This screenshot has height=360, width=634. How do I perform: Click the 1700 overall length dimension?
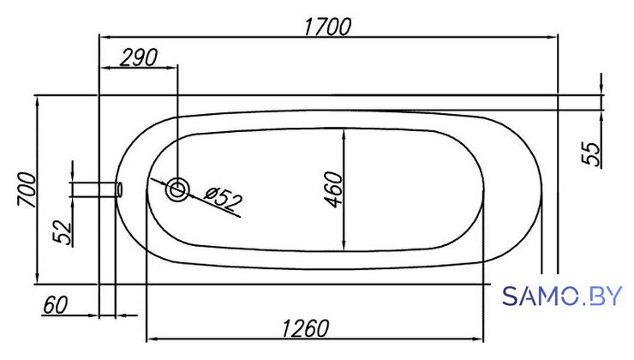pyautogui.click(x=327, y=27)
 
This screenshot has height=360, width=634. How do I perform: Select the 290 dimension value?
pyautogui.click(x=139, y=57)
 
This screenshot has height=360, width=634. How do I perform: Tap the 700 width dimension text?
pyautogui.click(x=27, y=189)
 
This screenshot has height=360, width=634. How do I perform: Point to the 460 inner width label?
pyautogui.click(x=334, y=189)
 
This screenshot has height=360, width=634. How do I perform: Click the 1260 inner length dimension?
pyautogui.click(x=305, y=328)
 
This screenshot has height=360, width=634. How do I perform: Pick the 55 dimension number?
pyautogui.click(x=591, y=153)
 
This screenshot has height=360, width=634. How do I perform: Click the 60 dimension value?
pyautogui.click(x=56, y=305)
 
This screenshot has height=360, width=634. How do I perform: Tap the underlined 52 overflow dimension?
pyautogui.click(x=63, y=232)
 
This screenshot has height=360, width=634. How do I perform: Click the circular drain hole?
pyautogui.click(x=177, y=189)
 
